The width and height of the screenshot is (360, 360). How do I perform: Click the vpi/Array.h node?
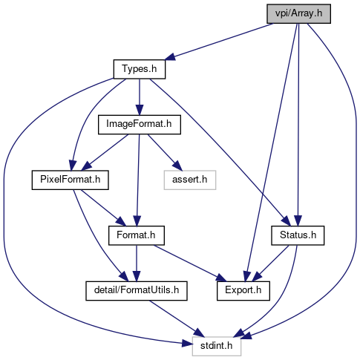(x=298, y=13)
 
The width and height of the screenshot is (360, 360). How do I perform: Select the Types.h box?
(x=140, y=69)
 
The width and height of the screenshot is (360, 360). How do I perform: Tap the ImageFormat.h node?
(x=140, y=125)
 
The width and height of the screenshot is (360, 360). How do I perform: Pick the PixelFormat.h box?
(x=71, y=180)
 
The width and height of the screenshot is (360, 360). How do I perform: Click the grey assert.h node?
(x=190, y=180)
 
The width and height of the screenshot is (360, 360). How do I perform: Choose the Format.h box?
(x=137, y=235)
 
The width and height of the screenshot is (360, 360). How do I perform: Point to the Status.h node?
(x=298, y=235)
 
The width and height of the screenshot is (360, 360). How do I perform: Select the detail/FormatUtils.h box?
(x=137, y=291)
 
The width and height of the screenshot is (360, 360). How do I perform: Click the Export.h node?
(x=243, y=291)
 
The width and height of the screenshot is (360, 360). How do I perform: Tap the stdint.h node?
(x=217, y=346)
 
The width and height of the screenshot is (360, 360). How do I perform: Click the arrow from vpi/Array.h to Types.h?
(x=219, y=42)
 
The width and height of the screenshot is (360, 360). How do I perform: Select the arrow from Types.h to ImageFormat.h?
(x=140, y=97)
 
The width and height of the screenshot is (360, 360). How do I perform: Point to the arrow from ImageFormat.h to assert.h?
(x=165, y=152)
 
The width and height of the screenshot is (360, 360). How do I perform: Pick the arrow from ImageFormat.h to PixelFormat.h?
(x=105, y=152)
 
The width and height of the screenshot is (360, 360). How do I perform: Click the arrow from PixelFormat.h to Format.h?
(x=103, y=208)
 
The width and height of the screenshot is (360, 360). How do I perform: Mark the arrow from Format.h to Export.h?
(x=190, y=264)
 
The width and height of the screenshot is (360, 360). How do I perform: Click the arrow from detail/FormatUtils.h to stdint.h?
(x=177, y=318)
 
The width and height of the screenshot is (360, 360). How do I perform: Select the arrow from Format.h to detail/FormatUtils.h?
(x=137, y=264)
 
